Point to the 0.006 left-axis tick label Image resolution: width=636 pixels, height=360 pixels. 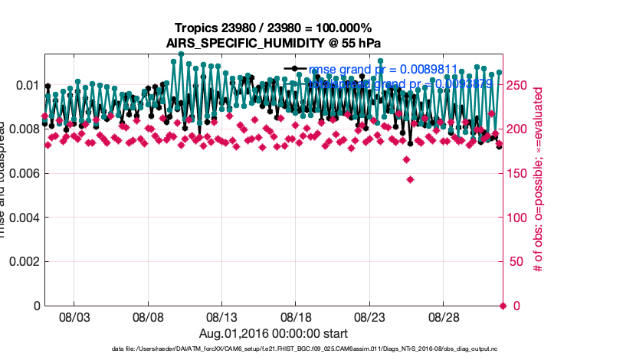click(x=21, y=173)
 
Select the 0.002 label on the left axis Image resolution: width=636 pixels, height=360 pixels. click(x=21, y=261)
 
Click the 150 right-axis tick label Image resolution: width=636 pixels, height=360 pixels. click(x=517, y=173)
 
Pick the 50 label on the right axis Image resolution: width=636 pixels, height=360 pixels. click(x=514, y=261)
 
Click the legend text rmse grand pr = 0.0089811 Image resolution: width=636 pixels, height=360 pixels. click(x=383, y=70)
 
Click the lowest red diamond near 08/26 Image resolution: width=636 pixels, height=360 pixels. click(x=411, y=179)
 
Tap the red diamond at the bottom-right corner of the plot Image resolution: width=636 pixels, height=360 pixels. click(x=503, y=306)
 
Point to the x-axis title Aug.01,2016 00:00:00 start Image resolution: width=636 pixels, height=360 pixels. click(x=274, y=334)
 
